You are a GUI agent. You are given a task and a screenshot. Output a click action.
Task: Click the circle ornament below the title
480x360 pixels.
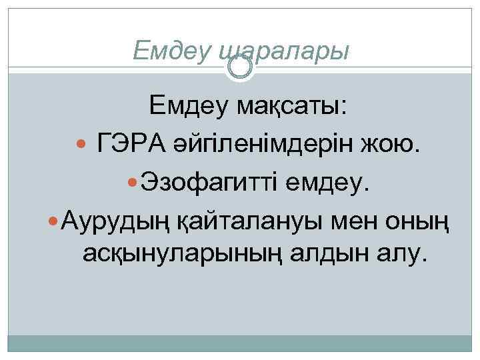[240, 67]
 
